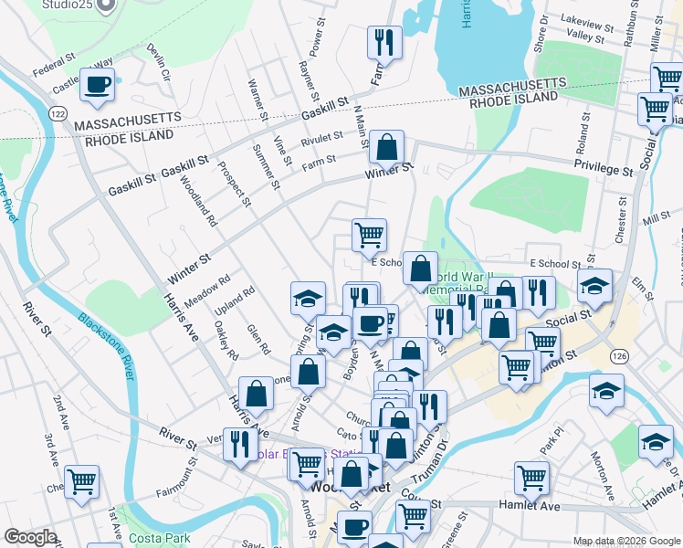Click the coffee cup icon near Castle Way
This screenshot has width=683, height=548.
(x=97, y=85)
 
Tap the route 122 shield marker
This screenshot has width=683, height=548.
(x=58, y=111)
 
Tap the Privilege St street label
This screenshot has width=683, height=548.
(x=604, y=170)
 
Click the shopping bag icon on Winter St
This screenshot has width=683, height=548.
(x=387, y=146)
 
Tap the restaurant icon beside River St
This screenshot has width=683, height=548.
(x=239, y=445)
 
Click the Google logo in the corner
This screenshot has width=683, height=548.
(x=29, y=537)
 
